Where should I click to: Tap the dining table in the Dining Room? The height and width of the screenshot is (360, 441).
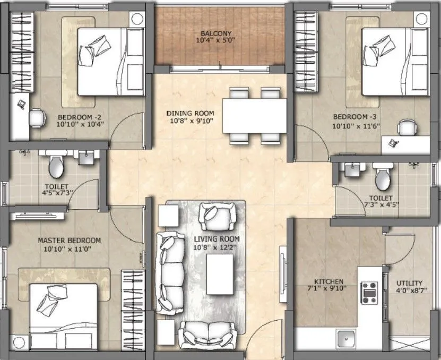[x=254, y=116]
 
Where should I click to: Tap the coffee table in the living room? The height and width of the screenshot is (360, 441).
[x=220, y=275]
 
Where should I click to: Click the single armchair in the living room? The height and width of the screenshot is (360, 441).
[x=216, y=216]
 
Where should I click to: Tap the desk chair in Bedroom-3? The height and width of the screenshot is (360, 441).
[x=407, y=128]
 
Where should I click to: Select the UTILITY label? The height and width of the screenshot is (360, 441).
[x=409, y=283]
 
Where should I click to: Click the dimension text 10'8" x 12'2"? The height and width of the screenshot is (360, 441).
[x=216, y=247]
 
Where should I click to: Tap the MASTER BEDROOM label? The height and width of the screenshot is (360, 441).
[x=69, y=241]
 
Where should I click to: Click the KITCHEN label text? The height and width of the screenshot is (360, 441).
[x=328, y=281]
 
